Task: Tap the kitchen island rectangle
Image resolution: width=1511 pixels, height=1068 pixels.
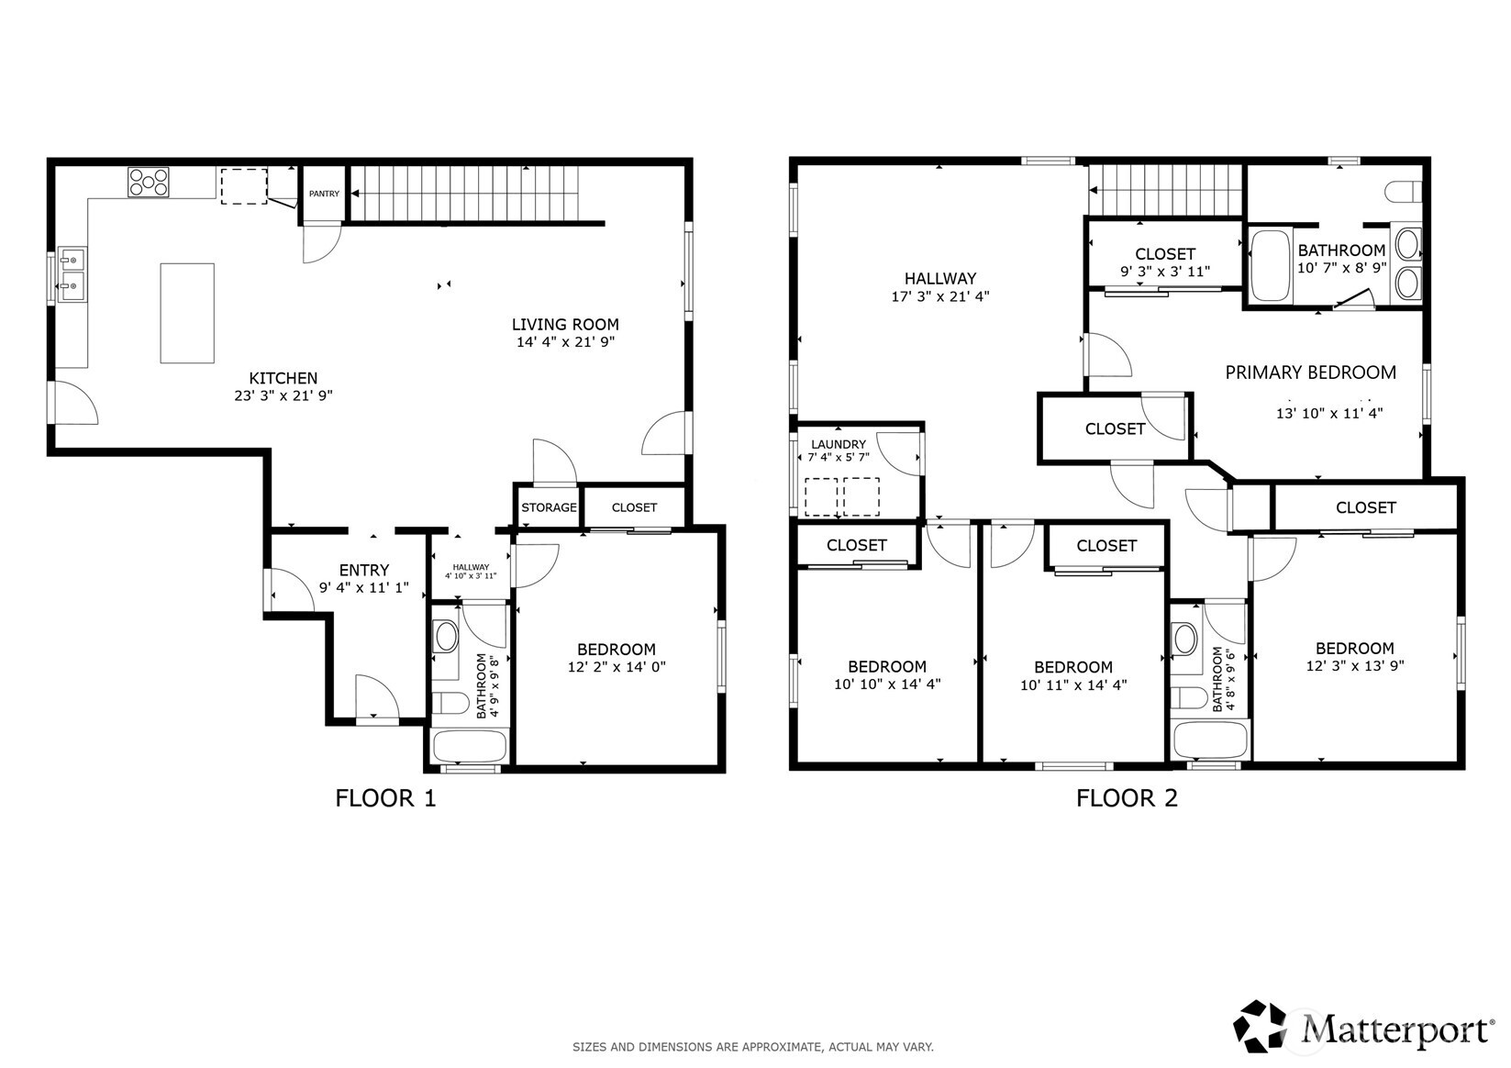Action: [187, 313]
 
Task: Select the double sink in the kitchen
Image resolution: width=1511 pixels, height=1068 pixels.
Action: [71, 274]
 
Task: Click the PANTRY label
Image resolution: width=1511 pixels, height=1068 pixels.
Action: [324, 194]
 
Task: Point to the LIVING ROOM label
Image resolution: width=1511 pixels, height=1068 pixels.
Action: [565, 324]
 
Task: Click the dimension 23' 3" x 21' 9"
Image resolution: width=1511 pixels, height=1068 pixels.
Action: [283, 395]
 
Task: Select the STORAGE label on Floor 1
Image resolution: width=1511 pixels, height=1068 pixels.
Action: [549, 507]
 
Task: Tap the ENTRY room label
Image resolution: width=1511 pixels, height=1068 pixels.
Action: [364, 570]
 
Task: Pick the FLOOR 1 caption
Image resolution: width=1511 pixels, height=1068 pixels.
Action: [385, 798]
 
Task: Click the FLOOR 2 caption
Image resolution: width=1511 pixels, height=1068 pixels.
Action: [1127, 798]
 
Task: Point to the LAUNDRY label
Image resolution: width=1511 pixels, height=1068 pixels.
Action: [839, 444]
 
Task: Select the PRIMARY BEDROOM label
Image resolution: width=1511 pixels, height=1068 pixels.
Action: [1311, 373]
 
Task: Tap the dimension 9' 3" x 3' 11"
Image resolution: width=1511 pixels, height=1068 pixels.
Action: [1165, 272]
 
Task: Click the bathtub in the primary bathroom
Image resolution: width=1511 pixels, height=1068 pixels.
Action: [1271, 265]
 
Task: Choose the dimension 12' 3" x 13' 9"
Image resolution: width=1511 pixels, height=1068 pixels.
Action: [1355, 666]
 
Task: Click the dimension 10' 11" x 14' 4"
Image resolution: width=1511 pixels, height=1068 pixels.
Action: [1073, 684]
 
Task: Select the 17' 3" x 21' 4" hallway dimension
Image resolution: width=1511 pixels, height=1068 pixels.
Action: [940, 296]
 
